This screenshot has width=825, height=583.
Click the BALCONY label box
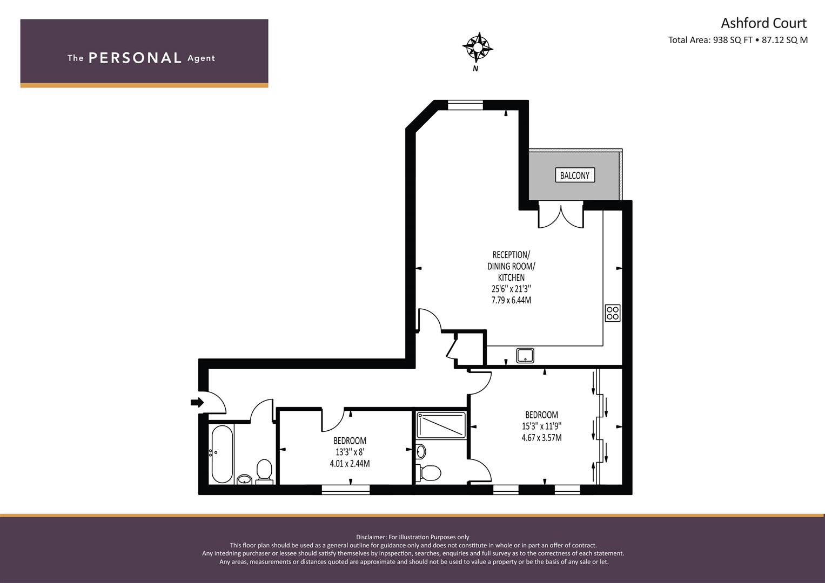click(574, 175)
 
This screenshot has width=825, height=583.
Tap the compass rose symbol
click(478, 48)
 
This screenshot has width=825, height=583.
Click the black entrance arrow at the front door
click(197, 402)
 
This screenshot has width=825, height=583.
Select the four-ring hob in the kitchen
click(613, 313)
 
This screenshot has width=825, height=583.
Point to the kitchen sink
click(525, 356)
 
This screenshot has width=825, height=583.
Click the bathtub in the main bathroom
click(222, 454)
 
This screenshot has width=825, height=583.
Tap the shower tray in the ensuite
click(441, 425)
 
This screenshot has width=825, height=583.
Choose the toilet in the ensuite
click(428, 472)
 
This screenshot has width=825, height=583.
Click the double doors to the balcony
click(561, 215)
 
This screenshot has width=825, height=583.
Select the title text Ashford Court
click(763, 23)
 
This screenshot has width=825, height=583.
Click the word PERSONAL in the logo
click(135, 58)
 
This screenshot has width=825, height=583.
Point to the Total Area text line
click(737, 40)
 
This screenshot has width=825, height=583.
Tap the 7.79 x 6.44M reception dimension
click(511, 300)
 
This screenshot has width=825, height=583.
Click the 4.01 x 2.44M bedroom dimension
click(350, 463)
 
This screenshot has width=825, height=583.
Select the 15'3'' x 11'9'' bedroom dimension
click(541, 426)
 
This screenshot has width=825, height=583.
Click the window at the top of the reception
click(465, 105)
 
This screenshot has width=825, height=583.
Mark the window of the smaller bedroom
click(345, 490)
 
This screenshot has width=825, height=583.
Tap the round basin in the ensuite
click(421, 451)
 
